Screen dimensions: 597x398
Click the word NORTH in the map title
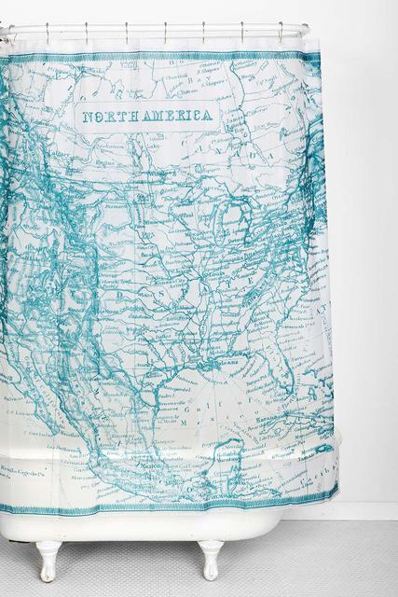105,118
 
